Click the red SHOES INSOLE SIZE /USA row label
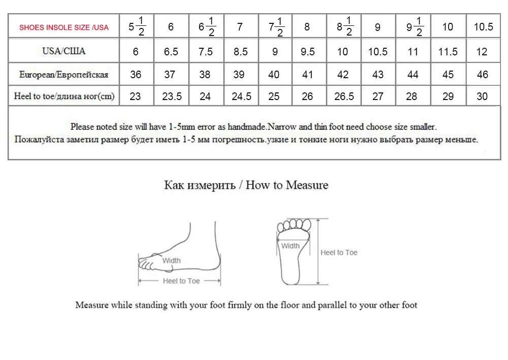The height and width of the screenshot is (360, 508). coord(64,27)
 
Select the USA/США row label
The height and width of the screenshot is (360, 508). coord(64,51)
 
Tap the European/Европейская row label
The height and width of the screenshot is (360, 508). coord(64,75)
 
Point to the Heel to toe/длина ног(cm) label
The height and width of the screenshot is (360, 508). coord(64,96)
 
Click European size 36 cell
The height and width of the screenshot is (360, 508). coord(136,75)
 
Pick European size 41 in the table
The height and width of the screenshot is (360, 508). coord(307,75)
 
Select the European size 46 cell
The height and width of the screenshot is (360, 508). coord(482,75)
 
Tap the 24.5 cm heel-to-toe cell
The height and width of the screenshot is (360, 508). coord(241,96)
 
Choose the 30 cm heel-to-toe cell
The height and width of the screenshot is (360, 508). coord(482,96)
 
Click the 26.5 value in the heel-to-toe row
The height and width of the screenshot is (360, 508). coord(344,96)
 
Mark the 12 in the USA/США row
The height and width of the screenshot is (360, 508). coord(482,51)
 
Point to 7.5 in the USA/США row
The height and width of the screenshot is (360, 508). coord(205,51)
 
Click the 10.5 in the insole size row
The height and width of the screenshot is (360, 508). coord(483,27)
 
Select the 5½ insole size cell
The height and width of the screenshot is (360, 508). coord(137,27)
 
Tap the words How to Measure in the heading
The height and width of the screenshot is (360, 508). coord(287,185)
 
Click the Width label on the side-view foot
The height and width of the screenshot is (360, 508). coord(171,260)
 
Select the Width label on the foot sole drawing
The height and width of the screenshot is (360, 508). coord(291,246)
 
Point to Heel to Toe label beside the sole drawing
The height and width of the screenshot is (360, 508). coord(339,252)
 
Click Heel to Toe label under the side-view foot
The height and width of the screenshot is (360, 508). coord(181,281)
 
